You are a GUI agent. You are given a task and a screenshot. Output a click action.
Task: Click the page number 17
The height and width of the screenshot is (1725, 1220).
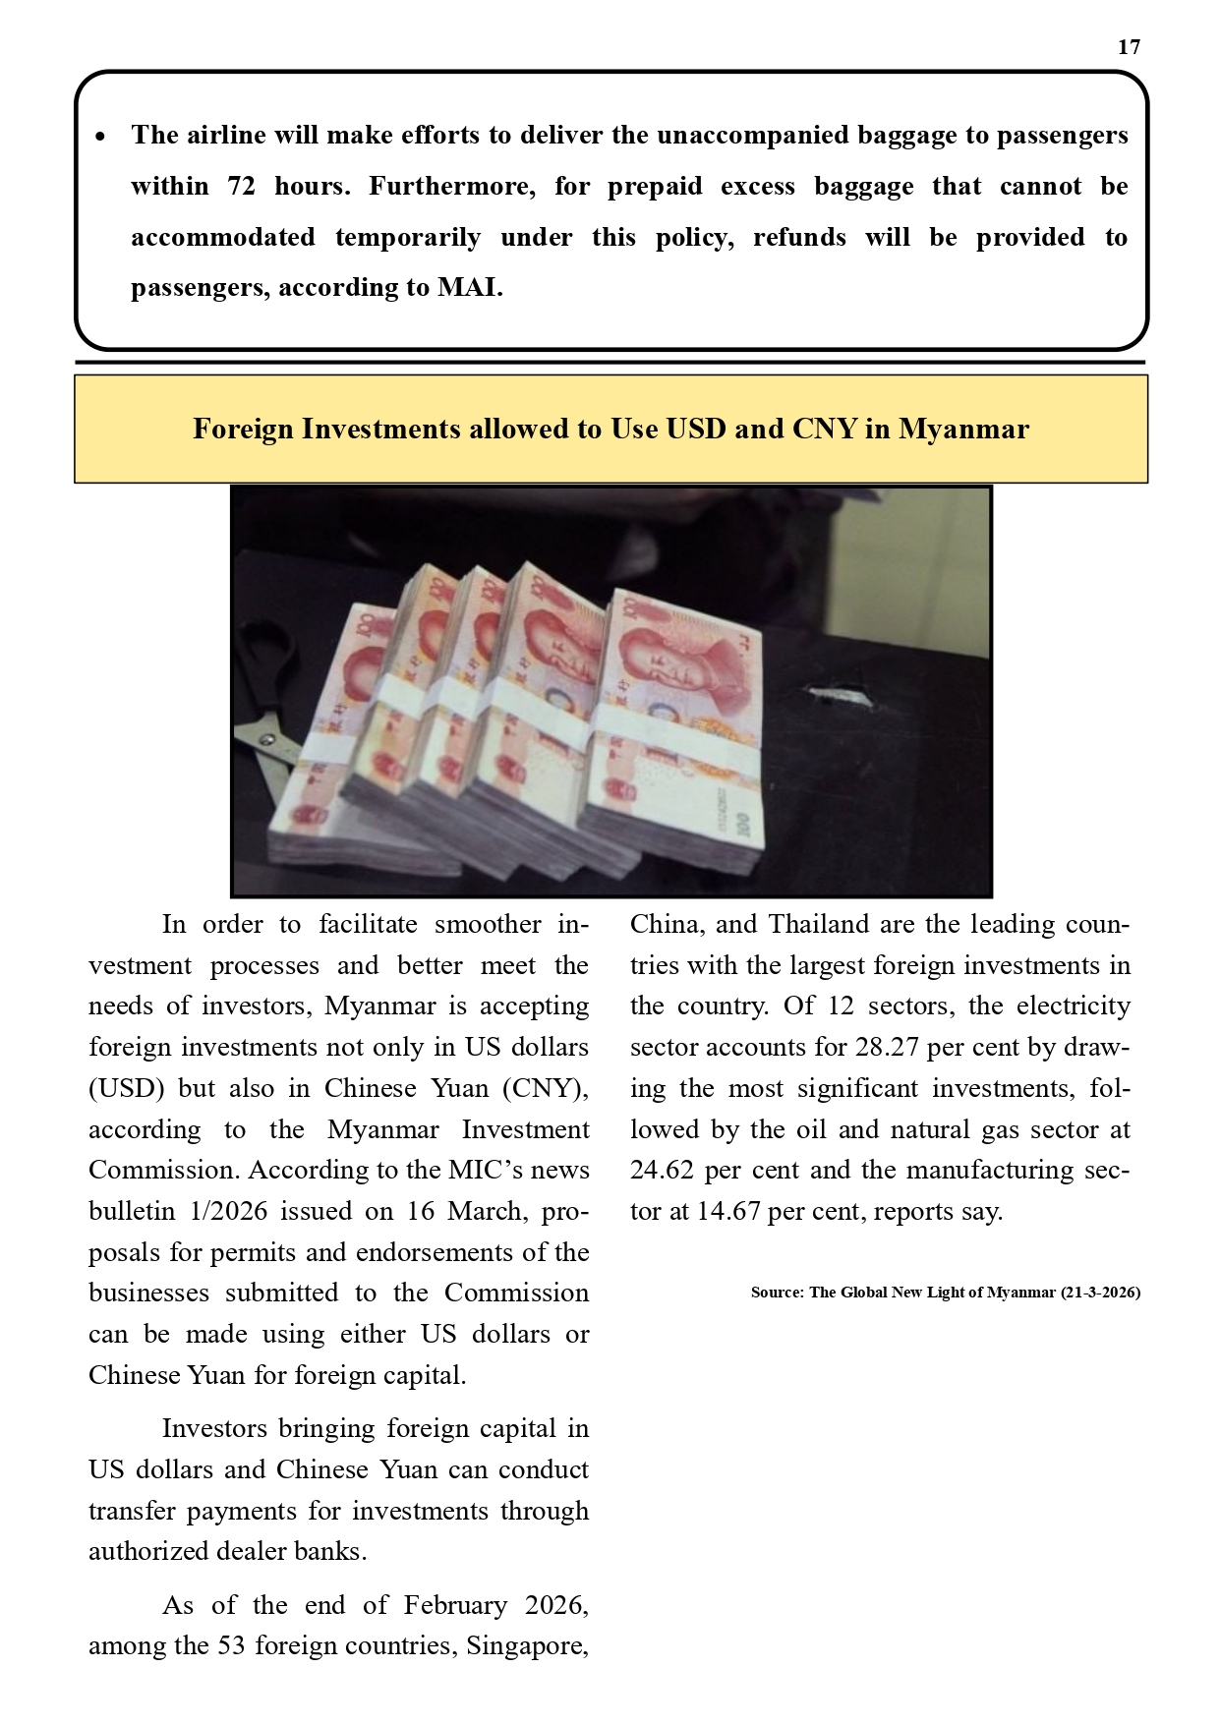click(1129, 47)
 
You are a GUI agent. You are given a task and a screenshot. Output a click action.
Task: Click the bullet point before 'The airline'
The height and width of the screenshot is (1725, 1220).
click(100, 136)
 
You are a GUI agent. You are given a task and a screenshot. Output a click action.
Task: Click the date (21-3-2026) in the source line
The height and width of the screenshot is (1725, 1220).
click(1100, 1293)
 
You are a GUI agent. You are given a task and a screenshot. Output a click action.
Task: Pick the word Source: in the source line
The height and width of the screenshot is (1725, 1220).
click(777, 1293)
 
